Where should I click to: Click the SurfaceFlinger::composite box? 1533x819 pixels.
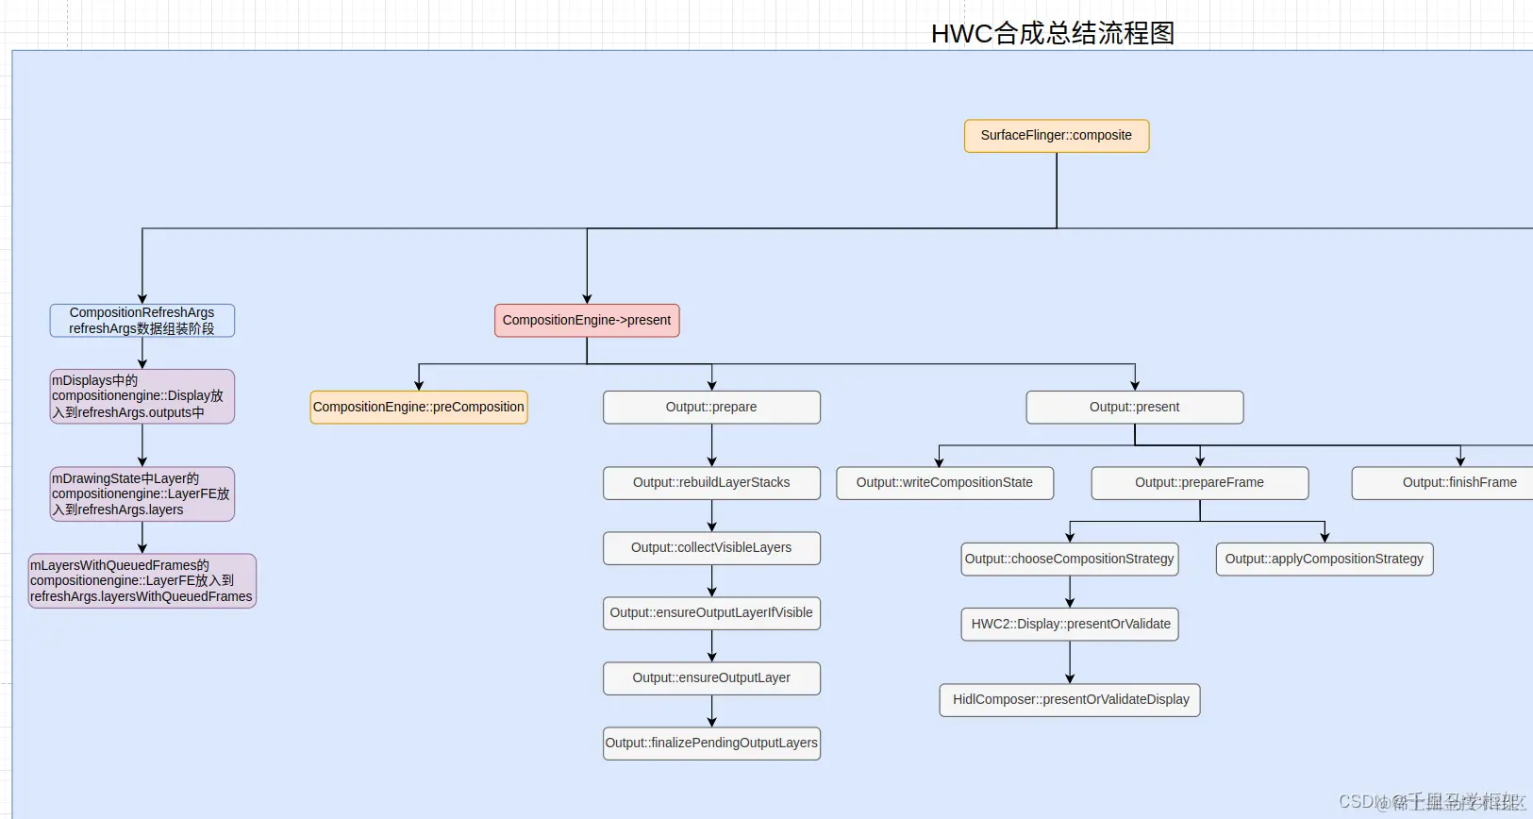tap(1056, 135)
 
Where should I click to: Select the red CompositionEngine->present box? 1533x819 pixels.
tap(586, 320)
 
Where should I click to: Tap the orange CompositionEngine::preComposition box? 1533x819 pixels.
tap(418, 407)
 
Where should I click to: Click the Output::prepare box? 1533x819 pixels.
tap(711, 407)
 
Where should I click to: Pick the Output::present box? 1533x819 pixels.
tap(1134, 407)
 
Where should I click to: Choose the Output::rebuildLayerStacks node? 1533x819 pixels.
tap(711, 482)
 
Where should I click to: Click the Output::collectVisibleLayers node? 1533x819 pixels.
tap(711, 547)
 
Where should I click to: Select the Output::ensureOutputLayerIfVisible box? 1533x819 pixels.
tap(711, 612)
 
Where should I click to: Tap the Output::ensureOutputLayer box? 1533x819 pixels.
tap(711, 677)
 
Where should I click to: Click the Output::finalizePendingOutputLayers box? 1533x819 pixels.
tap(711, 743)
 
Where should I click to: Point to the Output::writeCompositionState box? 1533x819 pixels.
tap(944, 482)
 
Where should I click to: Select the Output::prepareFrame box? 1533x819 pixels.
tap(1199, 482)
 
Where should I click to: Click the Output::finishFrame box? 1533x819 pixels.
tap(1453, 482)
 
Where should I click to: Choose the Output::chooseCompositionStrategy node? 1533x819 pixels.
tap(1069, 559)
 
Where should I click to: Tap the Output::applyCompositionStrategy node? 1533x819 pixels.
tap(1324, 559)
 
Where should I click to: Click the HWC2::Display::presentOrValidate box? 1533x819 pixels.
tap(1070, 624)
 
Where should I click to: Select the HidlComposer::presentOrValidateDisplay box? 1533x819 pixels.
tap(1070, 699)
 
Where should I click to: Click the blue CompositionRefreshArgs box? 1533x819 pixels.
tap(142, 320)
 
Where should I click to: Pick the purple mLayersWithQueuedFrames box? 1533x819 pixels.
tap(142, 580)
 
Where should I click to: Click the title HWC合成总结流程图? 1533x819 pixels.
tap(1052, 33)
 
